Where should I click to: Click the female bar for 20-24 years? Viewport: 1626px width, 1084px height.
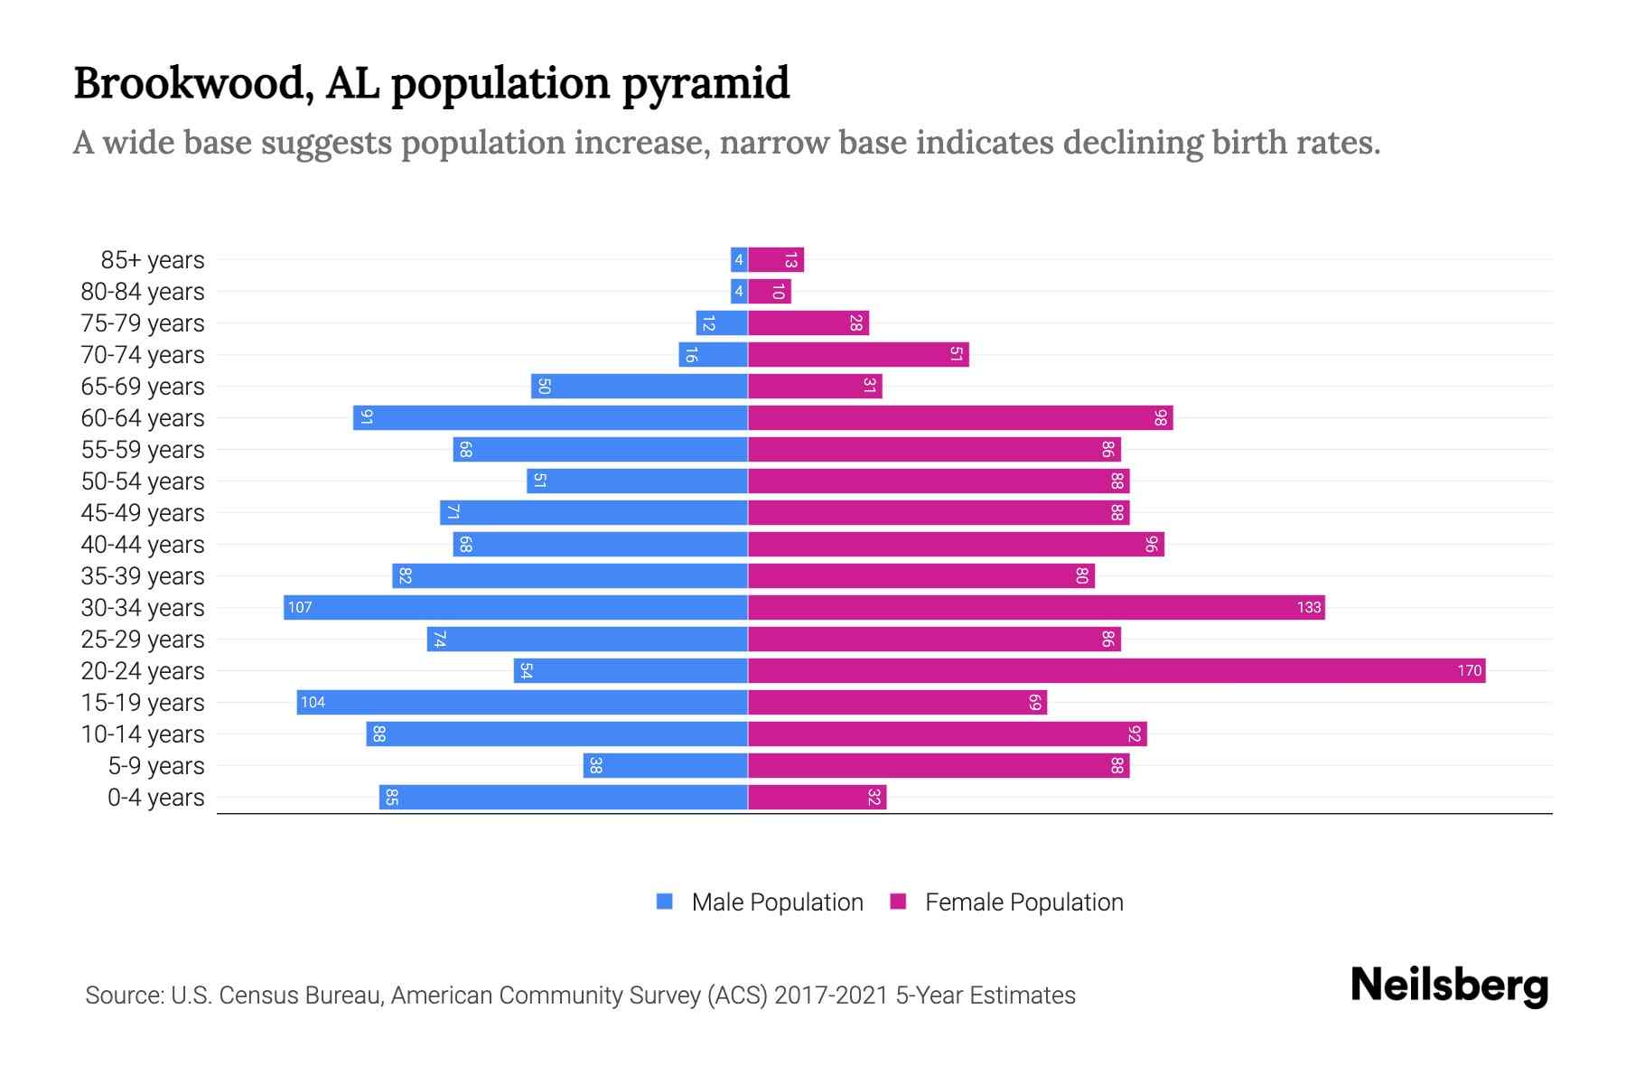tap(1117, 670)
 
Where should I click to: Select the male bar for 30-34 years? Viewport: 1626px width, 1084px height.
tap(516, 607)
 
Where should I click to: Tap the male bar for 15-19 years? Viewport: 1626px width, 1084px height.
tap(522, 702)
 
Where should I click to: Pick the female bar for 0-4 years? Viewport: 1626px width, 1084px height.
tap(818, 797)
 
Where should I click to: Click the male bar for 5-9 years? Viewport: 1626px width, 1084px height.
tap(666, 765)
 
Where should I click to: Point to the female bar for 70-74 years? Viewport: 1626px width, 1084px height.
tap(858, 354)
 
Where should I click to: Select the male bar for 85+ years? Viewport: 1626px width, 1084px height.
tap(739, 260)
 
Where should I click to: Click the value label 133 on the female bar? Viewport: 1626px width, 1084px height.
tap(1309, 607)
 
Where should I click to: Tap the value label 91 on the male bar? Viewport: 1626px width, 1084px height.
tap(367, 417)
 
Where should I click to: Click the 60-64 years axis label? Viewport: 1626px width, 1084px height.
tap(143, 418)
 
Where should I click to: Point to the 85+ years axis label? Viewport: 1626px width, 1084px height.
tap(153, 260)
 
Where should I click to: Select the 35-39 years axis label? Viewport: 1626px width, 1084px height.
tap(143, 576)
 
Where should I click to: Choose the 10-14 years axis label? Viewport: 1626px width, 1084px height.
tap(143, 734)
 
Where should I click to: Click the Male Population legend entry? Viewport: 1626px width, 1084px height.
tap(777, 902)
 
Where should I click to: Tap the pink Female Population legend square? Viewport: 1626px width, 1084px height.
tap(898, 902)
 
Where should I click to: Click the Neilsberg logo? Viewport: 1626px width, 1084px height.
tap(1449, 986)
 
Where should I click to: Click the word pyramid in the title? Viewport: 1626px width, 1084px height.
tap(706, 84)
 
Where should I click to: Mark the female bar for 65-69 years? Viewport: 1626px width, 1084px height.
tap(815, 386)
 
